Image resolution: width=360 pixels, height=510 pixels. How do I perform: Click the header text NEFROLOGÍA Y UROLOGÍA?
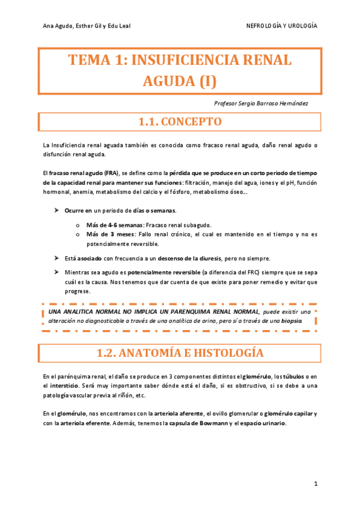point(282,26)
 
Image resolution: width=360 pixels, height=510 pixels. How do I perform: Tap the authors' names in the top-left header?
point(87,26)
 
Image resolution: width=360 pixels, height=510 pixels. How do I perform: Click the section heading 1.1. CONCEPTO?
point(180,121)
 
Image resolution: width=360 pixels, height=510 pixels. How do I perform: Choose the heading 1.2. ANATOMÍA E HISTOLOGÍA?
point(180,352)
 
